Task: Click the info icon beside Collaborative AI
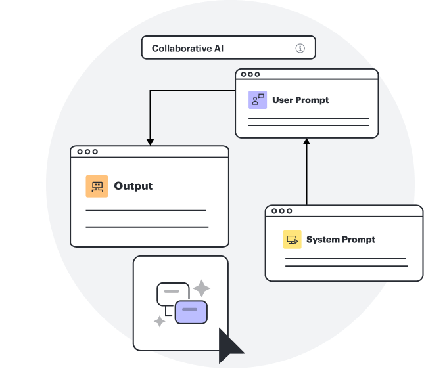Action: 300,48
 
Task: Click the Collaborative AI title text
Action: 187,48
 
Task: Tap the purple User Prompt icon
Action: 258,100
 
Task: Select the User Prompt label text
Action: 300,100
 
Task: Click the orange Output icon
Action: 97,186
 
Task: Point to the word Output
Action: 133,186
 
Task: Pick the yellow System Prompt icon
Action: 292,240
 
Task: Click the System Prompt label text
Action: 341,240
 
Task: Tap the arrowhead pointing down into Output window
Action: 150,142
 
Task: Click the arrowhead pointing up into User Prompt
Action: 306,141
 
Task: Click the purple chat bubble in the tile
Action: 191,311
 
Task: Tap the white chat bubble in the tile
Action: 172,293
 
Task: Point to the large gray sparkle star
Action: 201,288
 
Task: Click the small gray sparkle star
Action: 159,320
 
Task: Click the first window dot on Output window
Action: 80,152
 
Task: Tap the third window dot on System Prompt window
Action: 290,211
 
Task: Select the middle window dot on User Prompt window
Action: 250,74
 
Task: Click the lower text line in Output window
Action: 147,227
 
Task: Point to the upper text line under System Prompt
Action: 345,259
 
